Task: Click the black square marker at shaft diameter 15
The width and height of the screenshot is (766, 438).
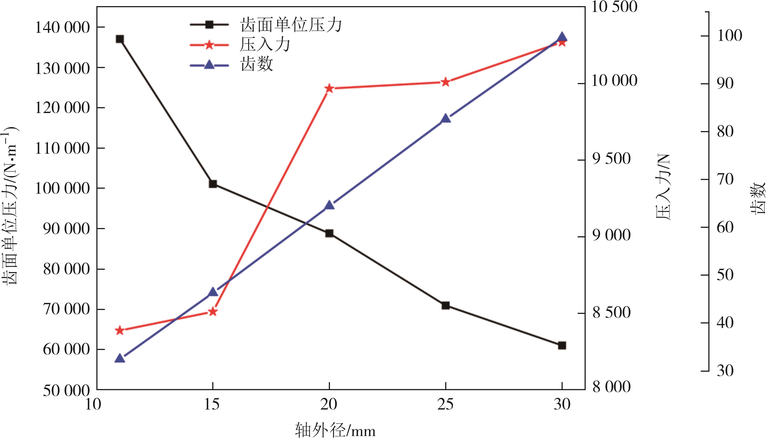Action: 213,184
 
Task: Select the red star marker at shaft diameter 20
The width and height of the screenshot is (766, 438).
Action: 329,88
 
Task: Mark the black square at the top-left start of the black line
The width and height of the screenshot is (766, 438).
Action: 120,39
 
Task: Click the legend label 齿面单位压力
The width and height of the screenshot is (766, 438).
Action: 291,25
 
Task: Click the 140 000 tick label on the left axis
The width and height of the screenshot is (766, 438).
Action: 63,28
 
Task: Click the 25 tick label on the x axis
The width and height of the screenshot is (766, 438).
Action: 445,405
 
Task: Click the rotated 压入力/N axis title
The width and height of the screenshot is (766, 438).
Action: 663,187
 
